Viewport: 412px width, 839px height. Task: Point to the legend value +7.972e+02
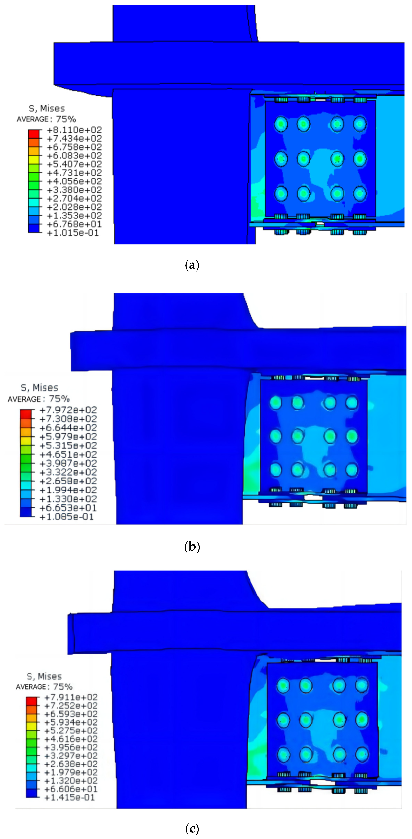pos(68,410)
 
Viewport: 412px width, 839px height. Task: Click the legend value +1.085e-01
pos(67,517)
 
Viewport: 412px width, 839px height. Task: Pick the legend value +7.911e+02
pos(71,697)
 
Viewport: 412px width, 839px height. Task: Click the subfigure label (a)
pos(192,265)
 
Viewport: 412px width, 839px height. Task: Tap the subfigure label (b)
pos(192,546)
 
